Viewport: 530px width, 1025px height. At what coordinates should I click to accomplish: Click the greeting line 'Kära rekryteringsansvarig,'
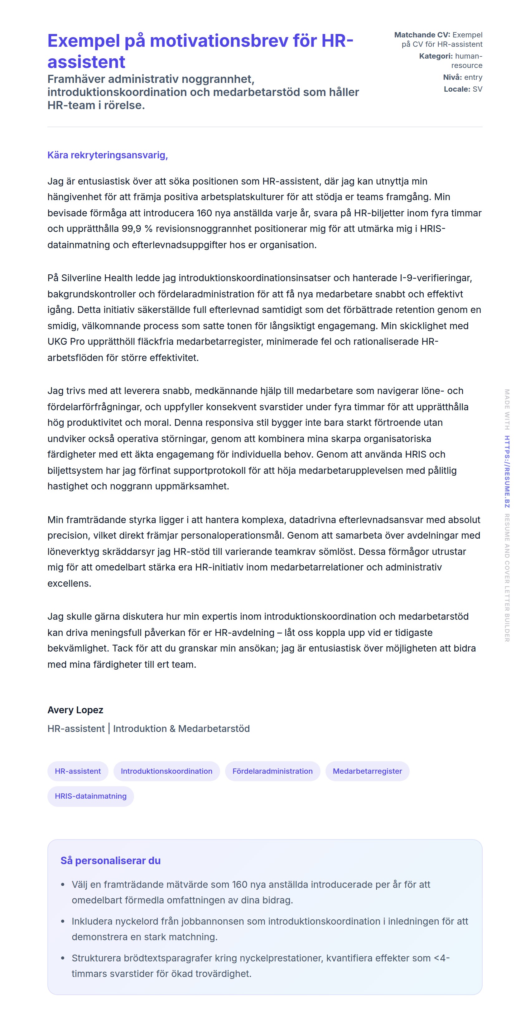click(108, 155)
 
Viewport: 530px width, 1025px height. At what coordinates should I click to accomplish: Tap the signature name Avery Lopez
click(75, 710)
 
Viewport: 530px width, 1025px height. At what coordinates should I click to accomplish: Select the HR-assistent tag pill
click(78, 771)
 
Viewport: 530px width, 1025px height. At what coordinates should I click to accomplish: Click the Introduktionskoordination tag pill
click(166, 771)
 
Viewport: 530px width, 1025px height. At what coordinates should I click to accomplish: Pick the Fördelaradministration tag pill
click(272, 771)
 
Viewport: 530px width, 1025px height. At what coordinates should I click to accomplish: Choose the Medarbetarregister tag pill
click(367, 771)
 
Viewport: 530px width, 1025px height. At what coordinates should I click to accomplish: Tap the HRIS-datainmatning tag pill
click(90, 796)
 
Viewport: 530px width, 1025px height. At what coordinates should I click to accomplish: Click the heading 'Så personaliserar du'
click(110, 861)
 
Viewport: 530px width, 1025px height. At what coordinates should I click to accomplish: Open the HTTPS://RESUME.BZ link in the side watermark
click(507, 472)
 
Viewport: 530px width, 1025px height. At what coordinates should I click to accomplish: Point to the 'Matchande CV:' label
click(422, 35)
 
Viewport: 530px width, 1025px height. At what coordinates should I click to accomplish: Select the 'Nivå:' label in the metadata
click(452, 77)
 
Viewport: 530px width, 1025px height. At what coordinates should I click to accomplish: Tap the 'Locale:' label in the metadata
click(457, 89)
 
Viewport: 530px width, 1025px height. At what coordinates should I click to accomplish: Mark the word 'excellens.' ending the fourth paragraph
click(69, 583)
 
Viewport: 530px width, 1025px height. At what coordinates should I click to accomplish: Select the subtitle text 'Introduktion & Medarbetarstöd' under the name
click(181, 729)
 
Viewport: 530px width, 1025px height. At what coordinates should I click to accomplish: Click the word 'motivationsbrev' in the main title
click(219, 41)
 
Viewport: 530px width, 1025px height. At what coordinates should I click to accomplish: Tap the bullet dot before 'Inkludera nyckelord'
click(62, 922)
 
